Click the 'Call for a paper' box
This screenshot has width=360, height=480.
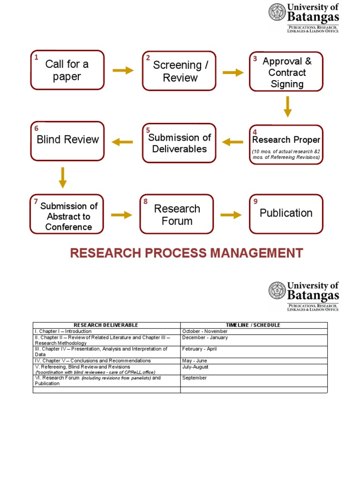[67, 70]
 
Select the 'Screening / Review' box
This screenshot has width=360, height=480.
[180, 71]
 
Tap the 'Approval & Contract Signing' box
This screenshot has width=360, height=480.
[286, 72]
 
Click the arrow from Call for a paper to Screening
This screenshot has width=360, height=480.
[123, 70]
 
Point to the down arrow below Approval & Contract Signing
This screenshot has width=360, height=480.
[288, 106]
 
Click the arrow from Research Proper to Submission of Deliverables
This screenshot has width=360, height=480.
[232, 142]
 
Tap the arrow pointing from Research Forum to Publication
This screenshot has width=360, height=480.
[231, 215]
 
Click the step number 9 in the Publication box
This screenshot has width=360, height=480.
[255, 202]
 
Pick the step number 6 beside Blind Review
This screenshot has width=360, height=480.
[36, 128]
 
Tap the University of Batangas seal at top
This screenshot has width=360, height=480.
[277, 13]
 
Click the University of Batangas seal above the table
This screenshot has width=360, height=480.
[277, 291]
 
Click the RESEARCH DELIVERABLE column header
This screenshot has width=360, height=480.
[106, 325]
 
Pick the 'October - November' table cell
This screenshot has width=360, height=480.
[204, 331]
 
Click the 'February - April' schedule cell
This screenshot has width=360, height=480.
[200, 349]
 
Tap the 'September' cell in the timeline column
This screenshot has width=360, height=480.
[194, 378]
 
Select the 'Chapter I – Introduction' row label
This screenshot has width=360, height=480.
[63, 331]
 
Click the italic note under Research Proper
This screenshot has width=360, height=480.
[286, 155]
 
